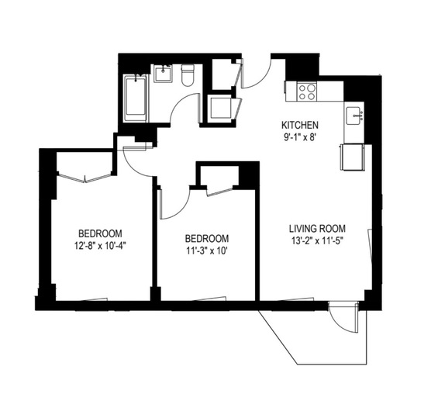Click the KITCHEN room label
click(x=300, y=125)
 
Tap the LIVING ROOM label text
click(x=317, y=229)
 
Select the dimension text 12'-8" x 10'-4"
click(x=101, y=246)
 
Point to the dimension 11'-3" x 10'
click(x=207, y=251)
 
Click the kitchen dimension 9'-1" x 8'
click(x=300, y=137)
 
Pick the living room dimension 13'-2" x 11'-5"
click(x=317, y=241)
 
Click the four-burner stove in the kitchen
click(x=307, y=92)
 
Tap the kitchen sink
click(x=354, y=116)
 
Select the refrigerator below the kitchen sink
click(x=352, y=157)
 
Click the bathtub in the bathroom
click(x=136, y=98)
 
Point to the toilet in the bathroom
click(x=188, y=75)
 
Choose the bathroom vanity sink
click(x=163, y=74)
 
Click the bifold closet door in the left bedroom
click(x=84, y=178)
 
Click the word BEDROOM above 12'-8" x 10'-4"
click(x=100, y=233)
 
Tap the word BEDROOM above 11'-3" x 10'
click(x=207, y=239)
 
